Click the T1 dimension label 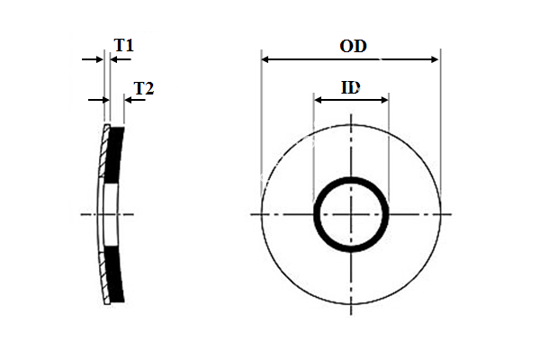point(124,44)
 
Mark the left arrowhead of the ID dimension point(318,99)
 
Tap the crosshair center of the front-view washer point(351,214)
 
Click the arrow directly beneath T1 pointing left point(115,59)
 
